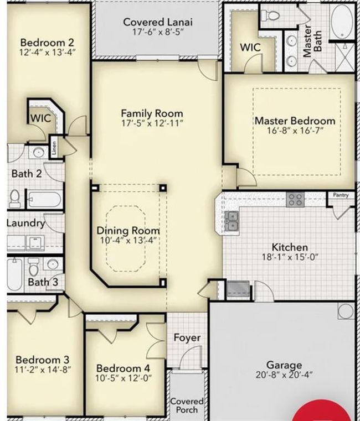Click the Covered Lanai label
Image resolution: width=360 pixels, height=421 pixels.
point(158,22)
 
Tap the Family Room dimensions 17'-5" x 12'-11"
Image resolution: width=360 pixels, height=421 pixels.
point(152,123)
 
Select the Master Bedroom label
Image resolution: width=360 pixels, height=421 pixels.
point(295,121)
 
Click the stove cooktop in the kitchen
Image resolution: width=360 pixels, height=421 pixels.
point(295,200)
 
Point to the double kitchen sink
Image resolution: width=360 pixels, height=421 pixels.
point(232,221)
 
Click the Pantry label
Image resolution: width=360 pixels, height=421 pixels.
point(341,195)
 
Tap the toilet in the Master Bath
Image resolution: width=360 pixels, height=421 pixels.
point(270,15)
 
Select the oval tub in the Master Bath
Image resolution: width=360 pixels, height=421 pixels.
point(342,22)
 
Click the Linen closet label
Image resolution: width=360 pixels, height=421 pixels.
point(54,148)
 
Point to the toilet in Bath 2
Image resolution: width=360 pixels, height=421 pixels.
point(15,199)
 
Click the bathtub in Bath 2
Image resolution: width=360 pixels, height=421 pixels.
point(45,200)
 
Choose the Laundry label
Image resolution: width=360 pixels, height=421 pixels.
point(26,223)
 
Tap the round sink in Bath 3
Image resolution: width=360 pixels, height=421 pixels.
point(53,264)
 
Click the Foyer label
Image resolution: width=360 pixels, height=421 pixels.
point(187,337)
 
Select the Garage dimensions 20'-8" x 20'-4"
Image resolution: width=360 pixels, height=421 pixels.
point(284,375)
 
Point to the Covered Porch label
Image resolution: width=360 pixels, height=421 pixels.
point(187,406)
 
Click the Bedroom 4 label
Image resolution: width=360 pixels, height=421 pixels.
point(123,368)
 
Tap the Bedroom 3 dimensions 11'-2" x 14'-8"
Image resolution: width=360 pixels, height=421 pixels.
point(43,370)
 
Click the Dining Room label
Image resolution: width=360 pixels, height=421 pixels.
point(128,231)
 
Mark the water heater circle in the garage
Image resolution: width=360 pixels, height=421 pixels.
point(346,311)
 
